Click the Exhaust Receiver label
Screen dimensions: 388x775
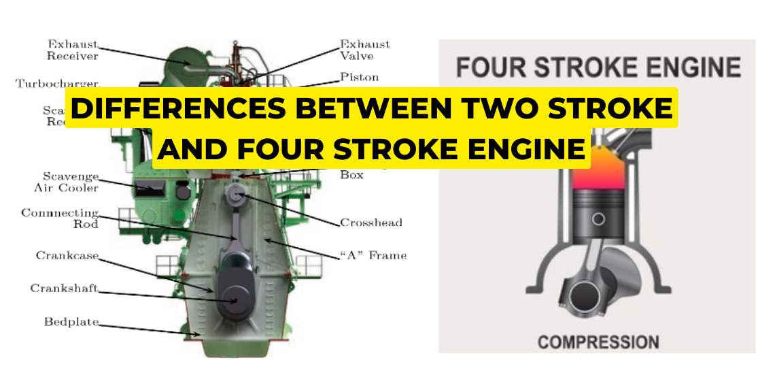point(72,50)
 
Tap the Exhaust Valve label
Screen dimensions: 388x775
point(364,50)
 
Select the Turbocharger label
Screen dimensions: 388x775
point(57,84)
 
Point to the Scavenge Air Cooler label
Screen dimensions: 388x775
point(66,182)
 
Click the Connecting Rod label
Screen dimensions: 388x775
point(60,218)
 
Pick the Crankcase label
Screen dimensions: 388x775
point(67,255)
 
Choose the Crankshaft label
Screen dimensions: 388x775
point(64,288)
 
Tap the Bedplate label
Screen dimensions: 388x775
point(71,321)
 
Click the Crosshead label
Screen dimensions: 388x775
point(371,223)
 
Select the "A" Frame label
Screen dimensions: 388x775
point(372,255)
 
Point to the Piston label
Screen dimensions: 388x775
point(359,77)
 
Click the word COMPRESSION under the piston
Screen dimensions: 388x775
point(598,342)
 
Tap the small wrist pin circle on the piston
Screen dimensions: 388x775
point(598,219)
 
